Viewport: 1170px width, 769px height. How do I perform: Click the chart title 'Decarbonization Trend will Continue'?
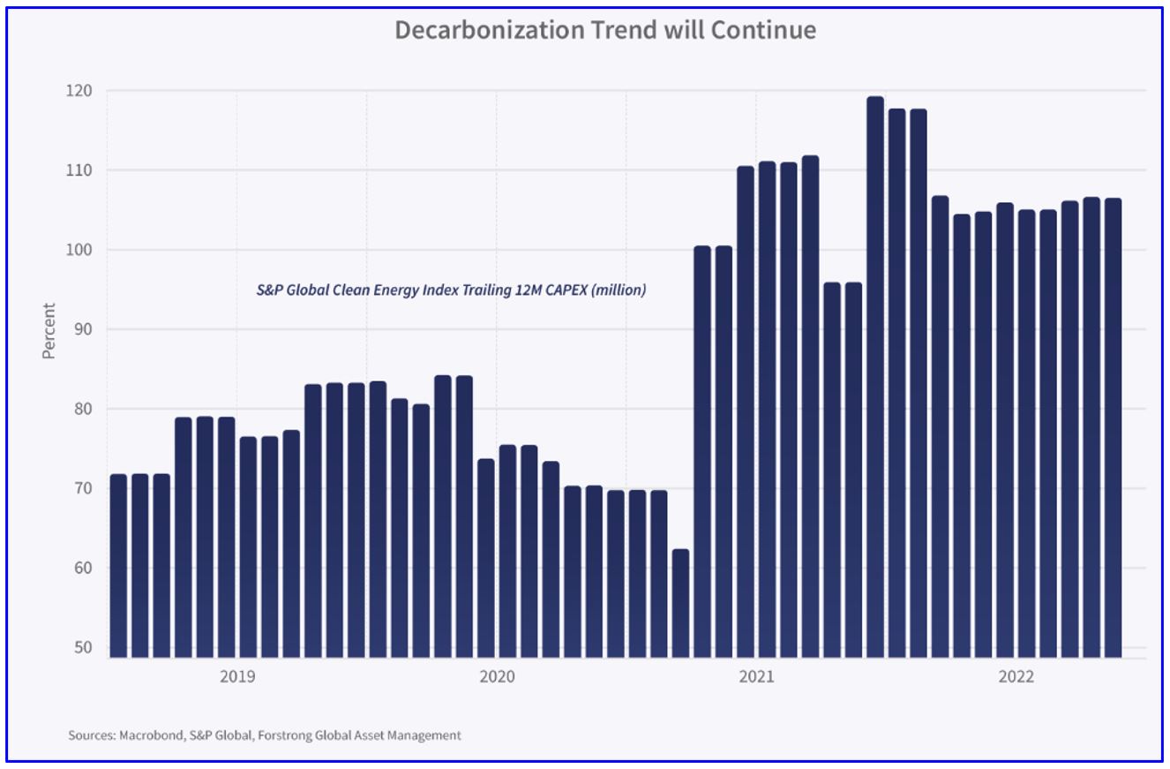click(604, 30)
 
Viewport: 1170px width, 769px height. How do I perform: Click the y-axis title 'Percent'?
click(49, 330)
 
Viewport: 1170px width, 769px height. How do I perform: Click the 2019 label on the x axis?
click(237, 677)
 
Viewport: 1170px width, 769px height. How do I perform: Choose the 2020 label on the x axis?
click(497, 677)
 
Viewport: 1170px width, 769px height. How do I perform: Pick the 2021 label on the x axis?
click(756, 677)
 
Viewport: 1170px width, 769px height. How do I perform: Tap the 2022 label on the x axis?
click(1016, 677)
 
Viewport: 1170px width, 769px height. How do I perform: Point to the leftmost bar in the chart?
click(118, 566)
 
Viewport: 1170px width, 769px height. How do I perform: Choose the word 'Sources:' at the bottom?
click(90, 735)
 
